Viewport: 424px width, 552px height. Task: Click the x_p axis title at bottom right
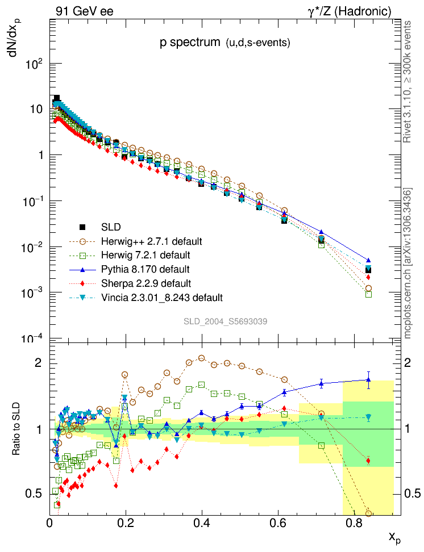393,537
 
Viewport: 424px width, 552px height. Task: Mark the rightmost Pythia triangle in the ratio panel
368,379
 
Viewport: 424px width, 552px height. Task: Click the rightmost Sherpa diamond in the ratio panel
368,461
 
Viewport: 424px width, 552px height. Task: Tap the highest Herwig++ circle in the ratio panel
202,358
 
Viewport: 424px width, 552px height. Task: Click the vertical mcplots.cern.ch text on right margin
408,264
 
